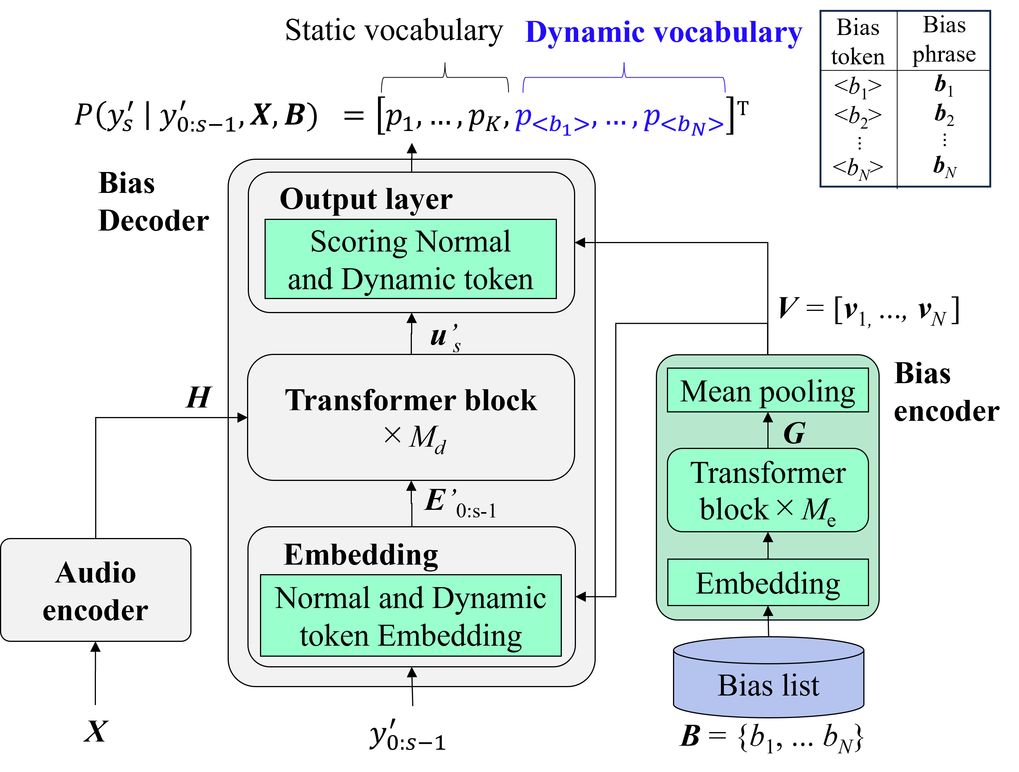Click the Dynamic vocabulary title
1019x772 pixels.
[663, 33]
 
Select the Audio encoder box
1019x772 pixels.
[96, 590]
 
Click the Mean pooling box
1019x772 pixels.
[767, 390]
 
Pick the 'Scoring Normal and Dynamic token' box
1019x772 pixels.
[410, 259]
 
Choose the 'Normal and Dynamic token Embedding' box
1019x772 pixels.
[410, 616]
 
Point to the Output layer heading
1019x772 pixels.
[366, 199]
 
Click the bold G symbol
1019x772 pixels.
[794, 433]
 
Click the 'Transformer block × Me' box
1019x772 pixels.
[767, 490]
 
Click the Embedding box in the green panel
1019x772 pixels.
[767, 583]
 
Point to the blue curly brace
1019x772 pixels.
[624, 78]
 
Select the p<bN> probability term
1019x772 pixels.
[683, 121]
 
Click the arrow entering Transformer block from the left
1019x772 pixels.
[239, 417]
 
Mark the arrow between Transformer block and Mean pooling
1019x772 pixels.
[767, 430]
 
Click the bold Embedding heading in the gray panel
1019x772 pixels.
[361, 555]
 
